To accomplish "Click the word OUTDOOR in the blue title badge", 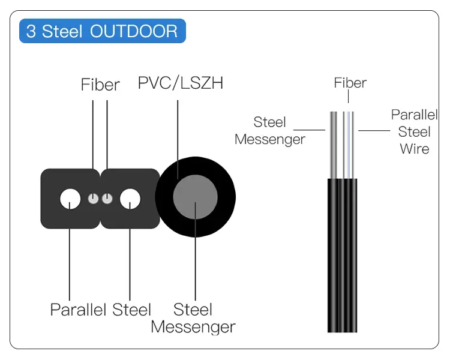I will pyautogui.click(x=134, y=31).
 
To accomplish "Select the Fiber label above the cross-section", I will pyautogui.click(x=100, y=85).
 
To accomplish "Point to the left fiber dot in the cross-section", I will pyautogui.click(x=93, y=199).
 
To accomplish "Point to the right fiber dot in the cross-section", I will pyautogui.click(x=107, y=199).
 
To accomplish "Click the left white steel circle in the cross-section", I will pyautogui.click(x=71, y=199).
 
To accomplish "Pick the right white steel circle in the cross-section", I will pyautogui.click(x=130, y=199).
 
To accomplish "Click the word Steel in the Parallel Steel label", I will pyautogui.click(x=131, y=310).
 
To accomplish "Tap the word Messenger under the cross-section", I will pyautogui.click(x=193, y=327).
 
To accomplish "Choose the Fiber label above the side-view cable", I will pyautogui.click(x=350, y=83).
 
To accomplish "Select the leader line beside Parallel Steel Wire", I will pyautogui.click(x=373, y=130).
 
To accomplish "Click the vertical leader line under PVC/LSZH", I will pyautogui.click(x=178, y=138).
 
